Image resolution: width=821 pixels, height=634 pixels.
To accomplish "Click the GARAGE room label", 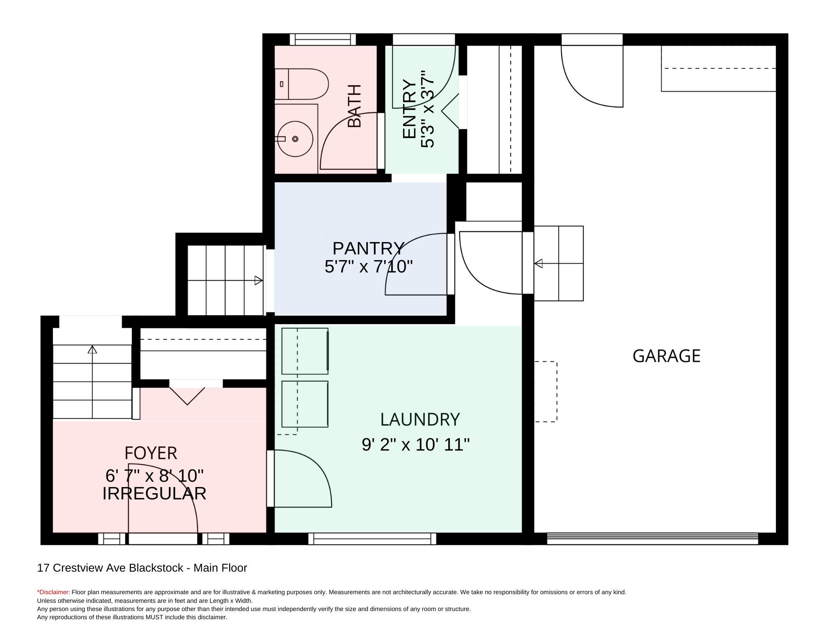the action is click(666, 356).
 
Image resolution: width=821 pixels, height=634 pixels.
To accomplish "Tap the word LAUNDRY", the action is click(420, 419).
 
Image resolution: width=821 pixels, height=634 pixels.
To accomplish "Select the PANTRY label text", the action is click(368, 248).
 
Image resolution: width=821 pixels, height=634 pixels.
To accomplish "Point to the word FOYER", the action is click(151, 453).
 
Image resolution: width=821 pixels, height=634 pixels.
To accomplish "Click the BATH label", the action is click(354, 106).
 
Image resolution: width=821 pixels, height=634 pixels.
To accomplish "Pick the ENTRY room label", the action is click(409, 109).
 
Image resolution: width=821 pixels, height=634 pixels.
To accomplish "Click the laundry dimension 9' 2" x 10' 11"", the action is click(415, 444).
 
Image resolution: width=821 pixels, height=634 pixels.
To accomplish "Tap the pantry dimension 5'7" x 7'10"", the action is click(368, 267).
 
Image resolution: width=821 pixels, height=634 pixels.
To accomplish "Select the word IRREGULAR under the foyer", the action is click(154, 493).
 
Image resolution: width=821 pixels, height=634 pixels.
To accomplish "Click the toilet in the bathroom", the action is click(302, 84).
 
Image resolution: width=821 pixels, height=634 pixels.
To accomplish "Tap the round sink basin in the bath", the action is click(295, 139).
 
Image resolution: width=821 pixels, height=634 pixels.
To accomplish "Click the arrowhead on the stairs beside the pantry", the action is click(259, 281).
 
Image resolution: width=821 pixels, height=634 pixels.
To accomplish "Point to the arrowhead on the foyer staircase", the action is click(92, 349).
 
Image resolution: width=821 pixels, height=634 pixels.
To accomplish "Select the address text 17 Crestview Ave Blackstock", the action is click(110, 568).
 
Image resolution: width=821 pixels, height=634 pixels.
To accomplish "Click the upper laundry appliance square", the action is click(305, 351).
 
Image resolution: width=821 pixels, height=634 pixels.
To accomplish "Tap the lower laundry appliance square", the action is click(305, 404).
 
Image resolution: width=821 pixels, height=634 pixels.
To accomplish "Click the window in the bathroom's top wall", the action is click(323, 40).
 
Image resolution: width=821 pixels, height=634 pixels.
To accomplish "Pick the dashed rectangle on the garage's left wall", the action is click(546, 391).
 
